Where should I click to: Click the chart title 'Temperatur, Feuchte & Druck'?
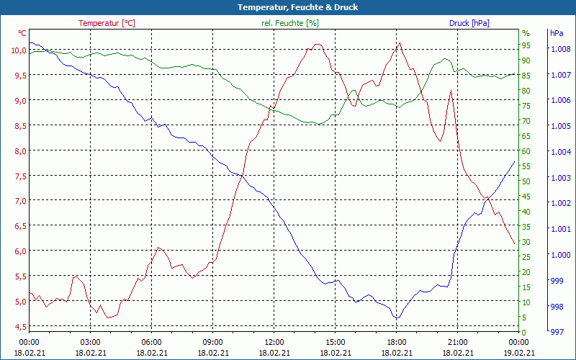coord(287,7)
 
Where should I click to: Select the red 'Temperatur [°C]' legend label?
coord(107,23)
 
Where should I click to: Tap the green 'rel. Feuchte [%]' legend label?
coord(289,23)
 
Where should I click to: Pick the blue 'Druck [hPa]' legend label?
coord(469,23)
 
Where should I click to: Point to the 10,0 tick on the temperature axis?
coord(19,50)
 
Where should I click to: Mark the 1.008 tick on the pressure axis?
coord(560,49)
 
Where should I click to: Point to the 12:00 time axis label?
coord(274,342)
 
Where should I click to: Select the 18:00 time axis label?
coord(396,342)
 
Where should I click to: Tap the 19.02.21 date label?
coord(518,353)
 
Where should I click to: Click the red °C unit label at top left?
coord(22,33)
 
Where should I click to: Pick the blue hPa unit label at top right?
coord(557,33)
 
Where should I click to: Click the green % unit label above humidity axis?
coord(526,33)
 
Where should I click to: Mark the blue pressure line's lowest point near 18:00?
coord(396,318)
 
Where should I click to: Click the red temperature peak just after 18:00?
coord(400,42)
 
